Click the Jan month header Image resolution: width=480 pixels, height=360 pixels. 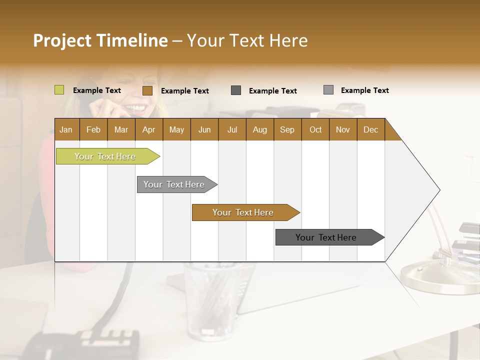click(66, 129)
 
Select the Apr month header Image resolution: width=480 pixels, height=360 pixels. click(148, 129)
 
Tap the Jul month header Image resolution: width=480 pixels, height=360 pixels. click(232, 129)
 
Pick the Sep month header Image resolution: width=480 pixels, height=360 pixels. click(287, 129)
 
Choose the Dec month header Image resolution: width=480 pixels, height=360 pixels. click(370, 129)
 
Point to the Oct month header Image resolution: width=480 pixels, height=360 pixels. click(315, 129)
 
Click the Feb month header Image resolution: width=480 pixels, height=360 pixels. click(93, 129)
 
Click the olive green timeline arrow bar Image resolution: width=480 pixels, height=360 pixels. click(105, 156)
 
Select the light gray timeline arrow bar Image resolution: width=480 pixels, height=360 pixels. click(174, 184)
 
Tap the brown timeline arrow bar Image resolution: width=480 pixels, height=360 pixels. click(243, 212)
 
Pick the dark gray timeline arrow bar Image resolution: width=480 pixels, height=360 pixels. click(326, 237)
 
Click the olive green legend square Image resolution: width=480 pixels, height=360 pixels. click(59, 90)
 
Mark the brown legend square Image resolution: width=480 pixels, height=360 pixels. click(147, 90)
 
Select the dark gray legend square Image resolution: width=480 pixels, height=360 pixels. click(236, 90)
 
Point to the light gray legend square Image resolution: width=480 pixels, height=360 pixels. click(328, 90)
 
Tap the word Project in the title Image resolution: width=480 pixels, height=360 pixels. click(62, 40)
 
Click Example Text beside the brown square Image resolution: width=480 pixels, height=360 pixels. click(185, 91)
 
